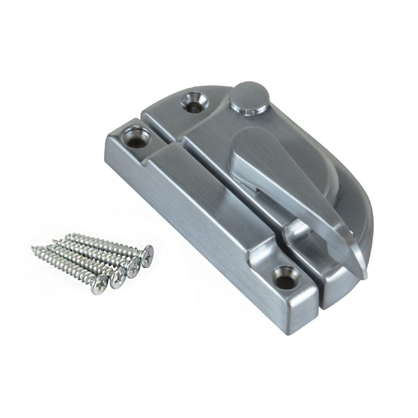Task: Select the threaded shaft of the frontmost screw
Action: pyautogui.click(x=65, y=265)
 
